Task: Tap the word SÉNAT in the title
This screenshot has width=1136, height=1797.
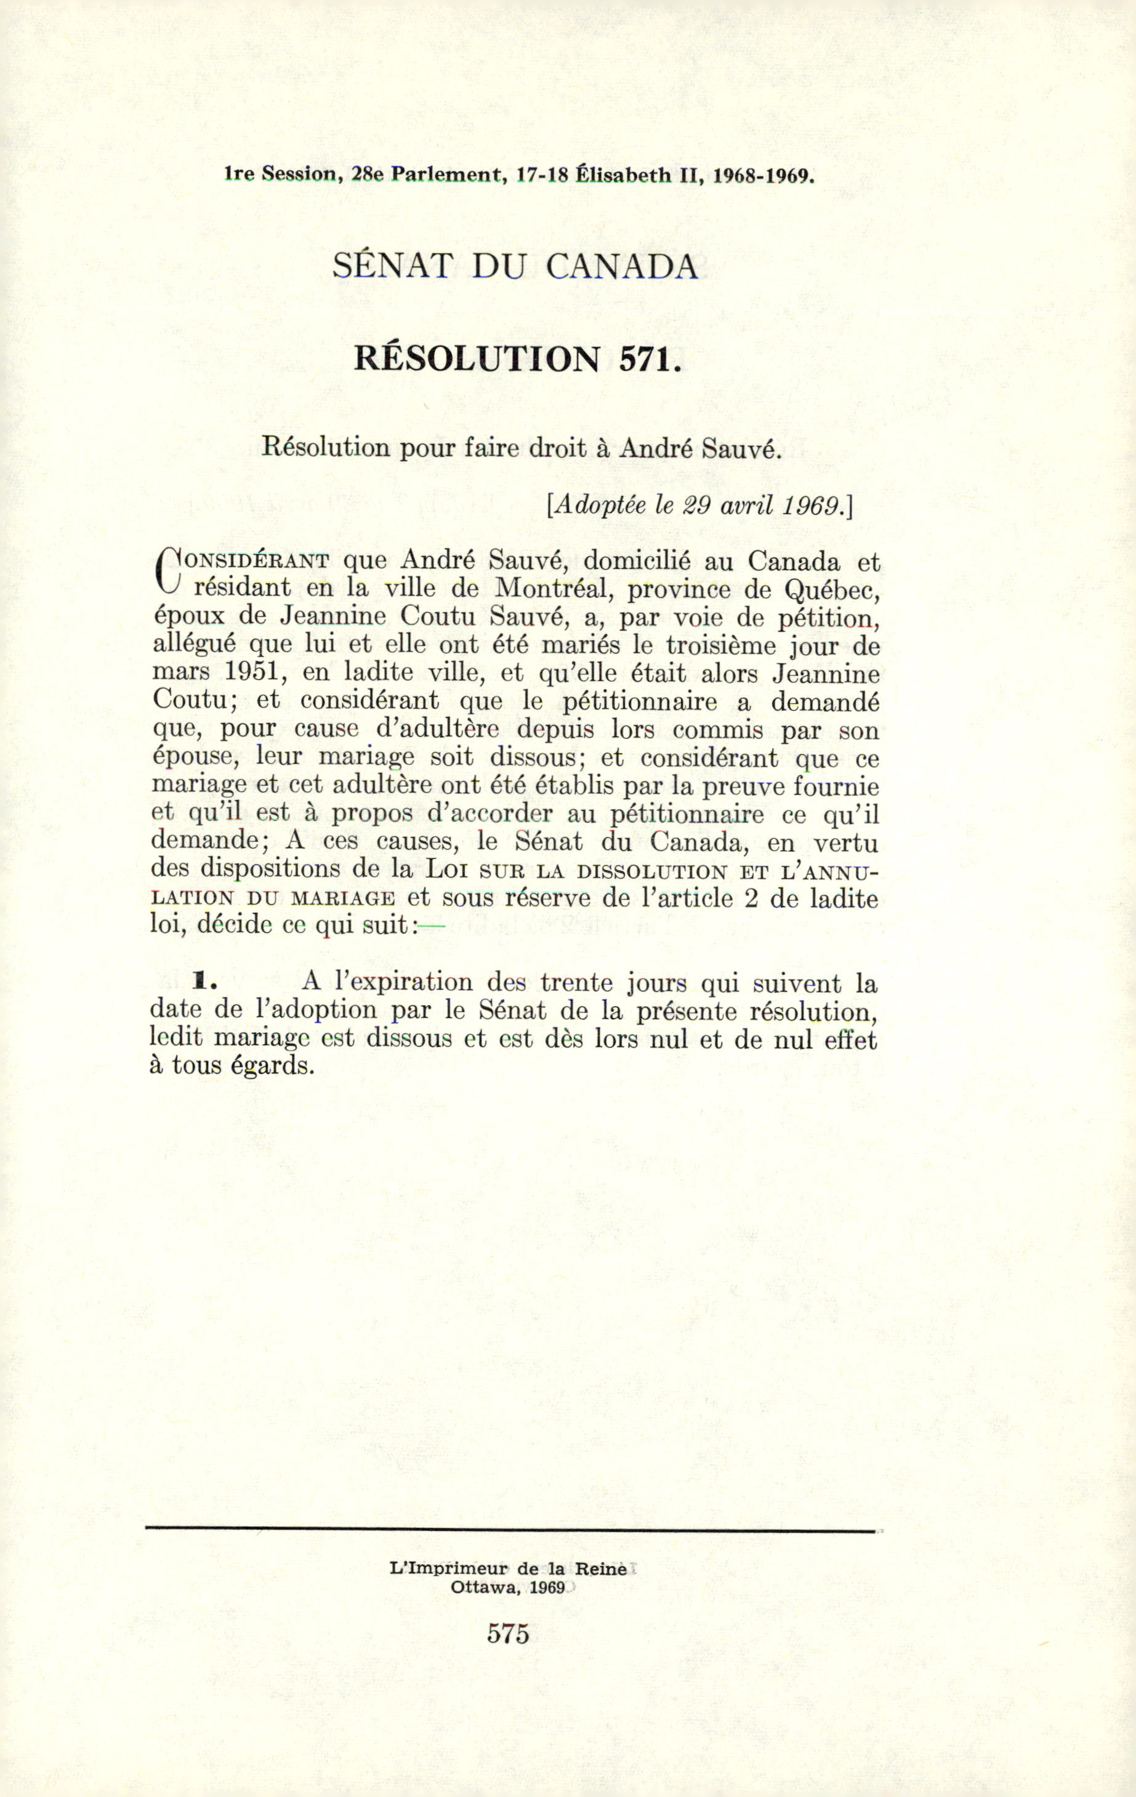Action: pyautogui.click(x=392, y=267)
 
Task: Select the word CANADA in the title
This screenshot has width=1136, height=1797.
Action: pyautogui.click(x=621, y=267)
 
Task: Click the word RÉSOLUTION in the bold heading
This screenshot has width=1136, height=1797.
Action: pyautogui.click(x=477, y=360)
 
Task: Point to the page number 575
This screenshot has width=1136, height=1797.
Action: pyautogui.click(x=508, y=1634)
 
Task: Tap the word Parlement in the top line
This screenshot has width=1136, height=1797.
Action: pyautogui.click(x=445, y=176)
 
